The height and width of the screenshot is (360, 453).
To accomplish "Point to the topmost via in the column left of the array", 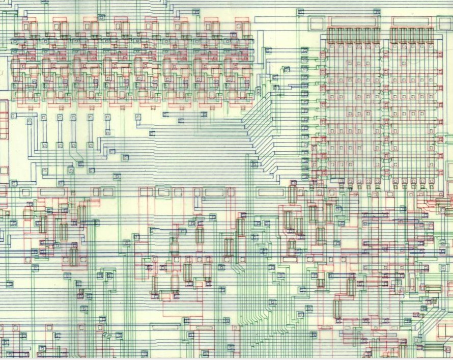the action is coord(305,50).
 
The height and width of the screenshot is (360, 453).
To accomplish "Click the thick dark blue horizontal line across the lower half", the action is coord(224,253).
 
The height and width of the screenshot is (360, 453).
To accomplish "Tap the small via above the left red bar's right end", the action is coord(375,11).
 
